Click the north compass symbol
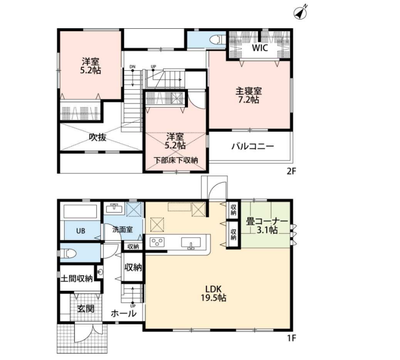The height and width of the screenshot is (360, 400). [300, 13]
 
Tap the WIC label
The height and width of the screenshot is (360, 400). [260, 48]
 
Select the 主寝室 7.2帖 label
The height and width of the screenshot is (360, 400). [248, 95]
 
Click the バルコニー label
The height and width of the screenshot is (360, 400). [252, 146]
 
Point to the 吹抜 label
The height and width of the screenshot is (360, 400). [97, 138]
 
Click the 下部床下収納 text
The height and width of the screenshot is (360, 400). [176, 160]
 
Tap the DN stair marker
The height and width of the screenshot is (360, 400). [133, 67]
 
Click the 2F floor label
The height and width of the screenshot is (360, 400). [291, 171]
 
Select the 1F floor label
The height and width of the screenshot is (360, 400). [291, 338]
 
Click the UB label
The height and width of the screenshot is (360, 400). [81, 231]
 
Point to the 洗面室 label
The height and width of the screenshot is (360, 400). [123, 229]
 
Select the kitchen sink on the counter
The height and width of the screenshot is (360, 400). [191, 242]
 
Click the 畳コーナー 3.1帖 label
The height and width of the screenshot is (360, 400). [267, 226]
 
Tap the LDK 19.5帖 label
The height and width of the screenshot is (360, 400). [213, 293]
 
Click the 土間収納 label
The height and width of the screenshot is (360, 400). [77, 278]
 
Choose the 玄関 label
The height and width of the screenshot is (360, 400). [86, 309]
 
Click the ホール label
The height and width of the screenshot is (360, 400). [123, 313]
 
